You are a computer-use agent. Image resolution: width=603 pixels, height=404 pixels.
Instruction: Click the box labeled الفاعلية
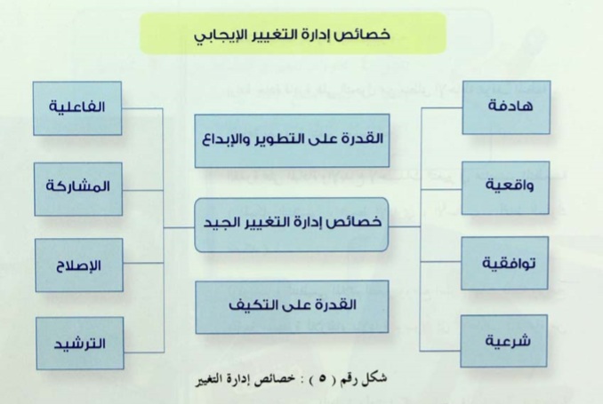click(77, 108)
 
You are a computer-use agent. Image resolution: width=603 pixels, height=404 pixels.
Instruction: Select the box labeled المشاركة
click(78, 188)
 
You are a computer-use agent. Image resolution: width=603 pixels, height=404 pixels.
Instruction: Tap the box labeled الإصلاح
click(79, 265)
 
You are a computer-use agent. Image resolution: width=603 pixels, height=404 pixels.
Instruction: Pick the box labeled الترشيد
click(80, 344)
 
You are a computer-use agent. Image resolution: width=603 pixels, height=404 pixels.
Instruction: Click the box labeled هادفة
click(506, 107)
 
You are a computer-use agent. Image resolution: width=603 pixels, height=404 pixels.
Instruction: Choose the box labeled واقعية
click(505, 187)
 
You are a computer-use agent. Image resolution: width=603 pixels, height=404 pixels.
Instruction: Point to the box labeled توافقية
click(504, 263)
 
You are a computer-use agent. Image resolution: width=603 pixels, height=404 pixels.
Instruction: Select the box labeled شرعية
click(503, 341)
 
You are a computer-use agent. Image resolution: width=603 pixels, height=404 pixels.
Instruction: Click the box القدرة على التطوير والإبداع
click(292, 140)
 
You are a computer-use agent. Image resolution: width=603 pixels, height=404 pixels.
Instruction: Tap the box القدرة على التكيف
click(292, 307)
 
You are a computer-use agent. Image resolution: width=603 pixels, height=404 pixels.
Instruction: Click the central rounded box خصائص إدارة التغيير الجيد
click(292, 225)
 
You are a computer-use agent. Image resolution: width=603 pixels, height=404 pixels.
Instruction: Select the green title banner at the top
click(293, 33)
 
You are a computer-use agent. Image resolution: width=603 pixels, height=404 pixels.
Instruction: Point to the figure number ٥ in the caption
click(322, 378)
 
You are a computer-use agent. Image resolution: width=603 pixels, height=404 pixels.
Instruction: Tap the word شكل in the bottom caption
click(375, 378)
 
